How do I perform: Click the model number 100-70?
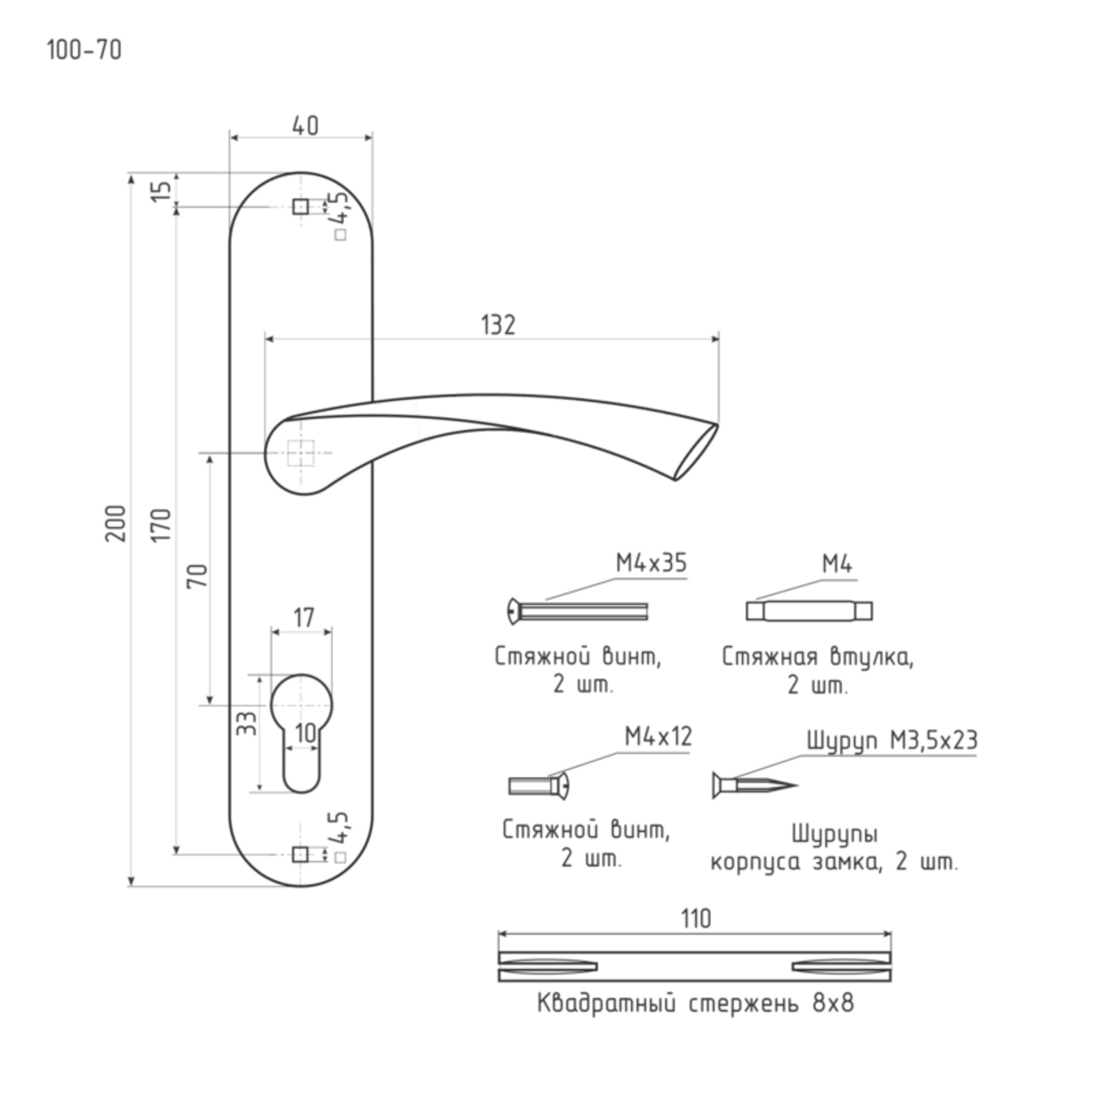[84, 50]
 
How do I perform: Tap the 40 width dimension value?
[306, 126]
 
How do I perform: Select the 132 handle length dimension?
[498, 325]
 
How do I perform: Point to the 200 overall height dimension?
[116, 523]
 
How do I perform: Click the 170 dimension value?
[161, 525]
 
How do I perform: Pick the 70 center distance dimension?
[198, 576]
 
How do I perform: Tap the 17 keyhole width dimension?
[304, 618]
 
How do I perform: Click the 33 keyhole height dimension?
[246, 724]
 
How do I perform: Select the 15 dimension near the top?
[161, 190]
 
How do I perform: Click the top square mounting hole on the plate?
[301, 206]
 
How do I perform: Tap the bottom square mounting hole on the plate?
[301, 854]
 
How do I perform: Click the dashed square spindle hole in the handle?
[301, 453]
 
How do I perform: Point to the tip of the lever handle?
[718, 424]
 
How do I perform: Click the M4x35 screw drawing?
[578, 612]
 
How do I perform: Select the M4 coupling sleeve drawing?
[809, 611]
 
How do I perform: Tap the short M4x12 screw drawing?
[538, 786]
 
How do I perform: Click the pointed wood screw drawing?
[755, 786]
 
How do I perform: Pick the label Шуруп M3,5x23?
[891, 740]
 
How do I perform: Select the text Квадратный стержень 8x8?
[695, 1003]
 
